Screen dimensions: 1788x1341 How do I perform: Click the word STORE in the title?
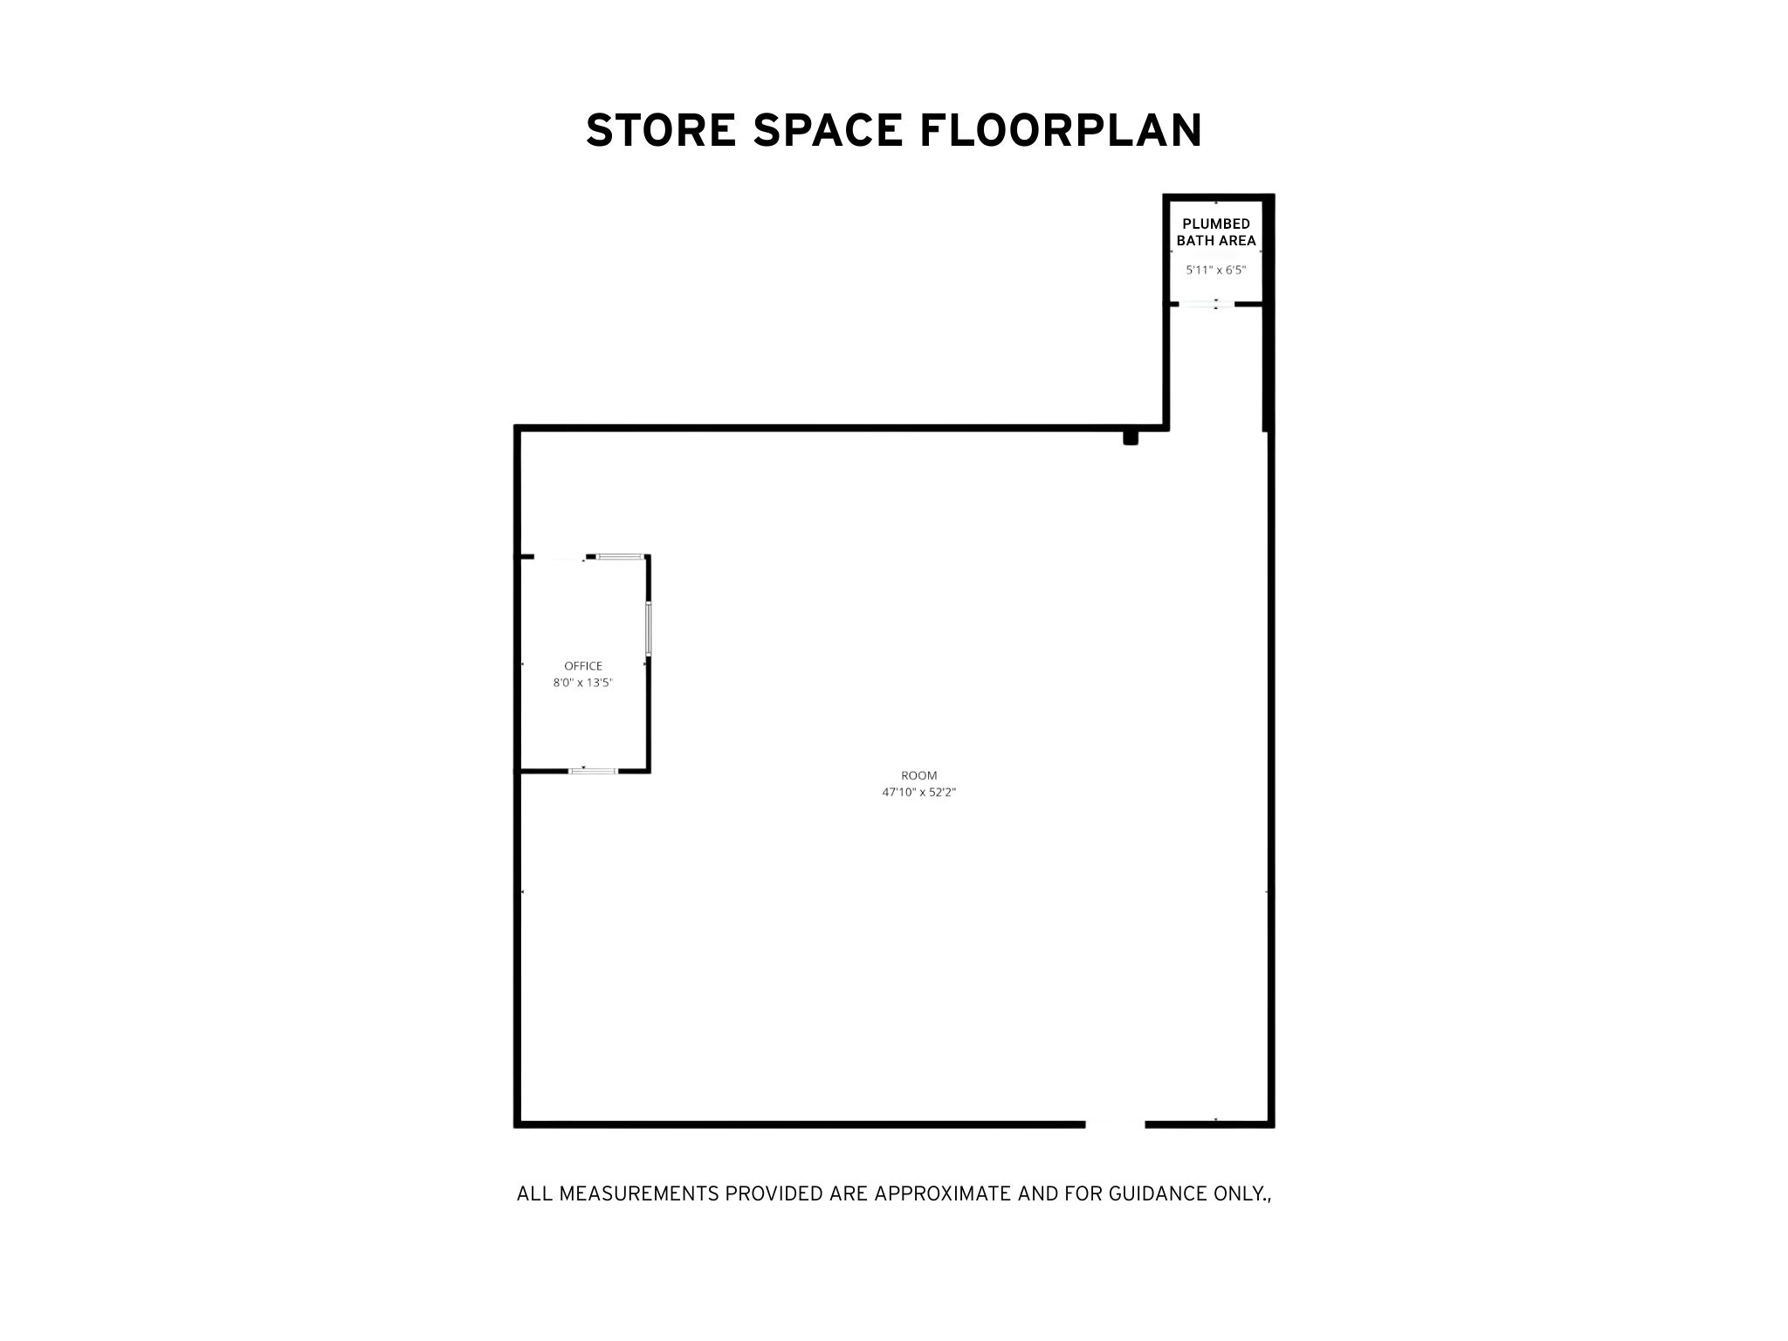point(659,130)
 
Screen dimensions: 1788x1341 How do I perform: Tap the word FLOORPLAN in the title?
point(1061,130)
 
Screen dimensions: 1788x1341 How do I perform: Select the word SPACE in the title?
point(827,130)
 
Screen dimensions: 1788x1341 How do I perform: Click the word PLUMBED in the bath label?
point(1216,224)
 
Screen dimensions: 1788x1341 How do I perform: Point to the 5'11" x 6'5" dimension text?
point(1215,271)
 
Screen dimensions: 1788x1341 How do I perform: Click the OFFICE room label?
point(583,666)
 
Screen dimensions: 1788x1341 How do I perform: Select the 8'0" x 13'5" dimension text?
point(583,684)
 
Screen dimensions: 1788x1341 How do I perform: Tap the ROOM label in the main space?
point(919,775)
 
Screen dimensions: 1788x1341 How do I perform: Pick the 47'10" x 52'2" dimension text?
point(919,793)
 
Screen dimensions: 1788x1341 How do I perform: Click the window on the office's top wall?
point(621,555)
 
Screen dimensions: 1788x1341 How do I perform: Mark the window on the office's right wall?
point(648,628)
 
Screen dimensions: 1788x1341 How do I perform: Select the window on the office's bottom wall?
point(593,771)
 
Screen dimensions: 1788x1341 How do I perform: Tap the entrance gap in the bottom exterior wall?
point(1115,1124)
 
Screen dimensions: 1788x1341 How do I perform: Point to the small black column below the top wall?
point(1131,437)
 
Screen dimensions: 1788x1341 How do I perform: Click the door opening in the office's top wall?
point(560,556)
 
